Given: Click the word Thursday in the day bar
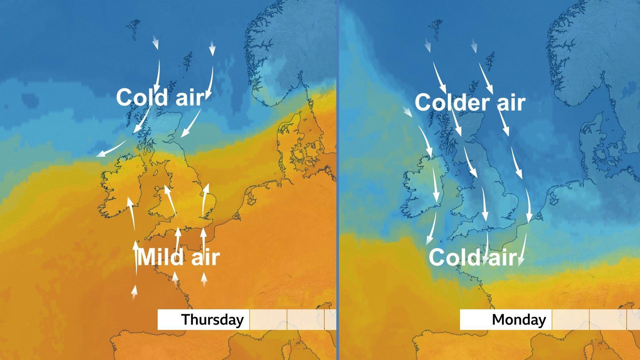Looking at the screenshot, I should tap(213, 320).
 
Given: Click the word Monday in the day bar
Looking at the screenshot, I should tap(519, 320).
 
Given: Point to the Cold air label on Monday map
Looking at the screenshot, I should tap(473, 257).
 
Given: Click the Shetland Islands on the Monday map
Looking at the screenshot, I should tap(490, 60).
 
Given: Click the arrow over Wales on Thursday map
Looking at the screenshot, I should tap(170, 200).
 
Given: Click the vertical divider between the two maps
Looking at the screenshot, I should tap(338, 180).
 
